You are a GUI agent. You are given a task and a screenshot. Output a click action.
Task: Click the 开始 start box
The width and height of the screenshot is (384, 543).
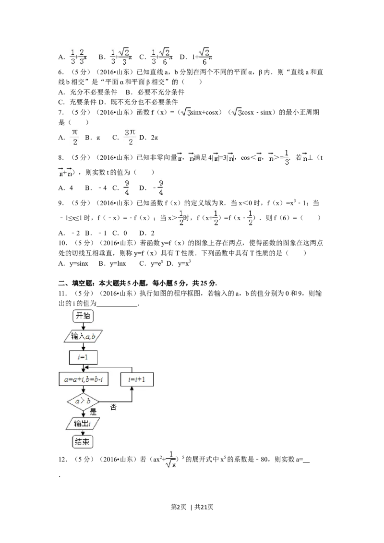click(x=83, y=316)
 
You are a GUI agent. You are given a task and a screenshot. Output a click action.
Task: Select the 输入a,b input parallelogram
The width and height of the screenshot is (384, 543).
click(x=84, y=336)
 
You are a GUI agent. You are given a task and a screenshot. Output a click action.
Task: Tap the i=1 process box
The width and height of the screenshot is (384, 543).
click(x=84, y=357)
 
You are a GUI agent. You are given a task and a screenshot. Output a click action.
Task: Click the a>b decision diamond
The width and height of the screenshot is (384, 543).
click(x=83, y=401)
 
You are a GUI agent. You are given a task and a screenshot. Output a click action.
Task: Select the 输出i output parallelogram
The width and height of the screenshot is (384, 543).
click(x=83, y=423)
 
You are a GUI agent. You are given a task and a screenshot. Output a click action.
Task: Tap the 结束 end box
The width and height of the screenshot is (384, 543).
click(x=83, y=442)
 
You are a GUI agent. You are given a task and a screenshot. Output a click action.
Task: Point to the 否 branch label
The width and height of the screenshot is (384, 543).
click(x=113, y=407)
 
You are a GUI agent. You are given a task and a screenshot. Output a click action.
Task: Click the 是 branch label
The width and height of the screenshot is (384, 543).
click(x=93, y=412)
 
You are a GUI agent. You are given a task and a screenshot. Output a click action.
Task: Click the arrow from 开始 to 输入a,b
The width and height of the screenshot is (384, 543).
click(x=83, y=326)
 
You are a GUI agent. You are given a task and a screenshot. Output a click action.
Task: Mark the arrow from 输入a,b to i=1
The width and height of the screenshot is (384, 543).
click(x=83, y=347)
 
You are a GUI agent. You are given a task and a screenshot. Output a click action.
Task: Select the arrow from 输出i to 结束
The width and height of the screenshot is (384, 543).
click(x=83, y=433)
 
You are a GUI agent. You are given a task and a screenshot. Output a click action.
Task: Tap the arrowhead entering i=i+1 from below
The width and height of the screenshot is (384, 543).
click(x=132, y=389)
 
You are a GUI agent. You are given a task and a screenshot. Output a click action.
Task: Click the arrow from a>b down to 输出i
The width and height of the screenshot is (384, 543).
click(x=83, y=413)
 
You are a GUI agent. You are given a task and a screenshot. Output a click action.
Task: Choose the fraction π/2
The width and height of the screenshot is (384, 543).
click(x=74, y=136)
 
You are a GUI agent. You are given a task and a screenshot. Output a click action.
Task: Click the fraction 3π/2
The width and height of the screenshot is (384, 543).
click(x=130, y=136)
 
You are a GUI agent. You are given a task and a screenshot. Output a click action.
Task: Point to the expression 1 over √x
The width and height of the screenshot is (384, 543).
click(x=171, y=460)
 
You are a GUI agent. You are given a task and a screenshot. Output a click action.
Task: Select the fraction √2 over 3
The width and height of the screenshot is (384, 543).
click(x=124, y=57)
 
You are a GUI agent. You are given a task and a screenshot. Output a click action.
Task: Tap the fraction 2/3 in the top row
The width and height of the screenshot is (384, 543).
click(x=82, y=56)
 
